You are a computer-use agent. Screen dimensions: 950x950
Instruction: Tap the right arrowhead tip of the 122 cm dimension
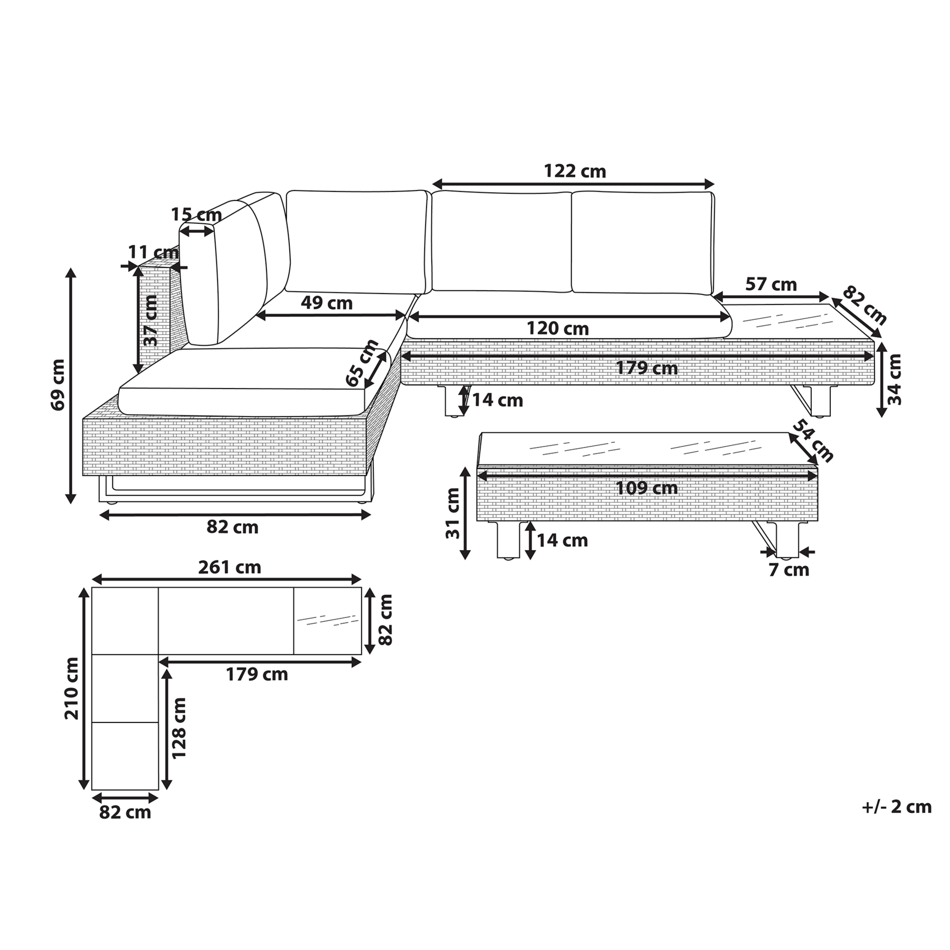[x=714, y=184]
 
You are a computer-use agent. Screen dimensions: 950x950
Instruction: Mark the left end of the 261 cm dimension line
[x=92, y=579]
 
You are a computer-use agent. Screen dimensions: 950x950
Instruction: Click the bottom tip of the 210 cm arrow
[x=83, y=790]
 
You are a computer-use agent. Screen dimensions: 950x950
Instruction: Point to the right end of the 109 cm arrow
[x=818, y=476]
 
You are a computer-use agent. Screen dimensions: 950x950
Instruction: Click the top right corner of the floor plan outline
[x=362, y=587]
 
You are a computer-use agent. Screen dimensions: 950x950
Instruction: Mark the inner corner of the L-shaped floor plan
[x=158, y=654]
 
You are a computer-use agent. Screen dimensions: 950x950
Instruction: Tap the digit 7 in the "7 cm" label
[x=774, y=570]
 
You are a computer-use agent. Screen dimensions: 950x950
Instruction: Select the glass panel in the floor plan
[x=328, y=621]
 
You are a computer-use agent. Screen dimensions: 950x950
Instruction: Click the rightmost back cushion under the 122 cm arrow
[x=643, y=242]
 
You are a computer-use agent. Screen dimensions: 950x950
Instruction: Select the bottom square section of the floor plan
[x=125, y=756]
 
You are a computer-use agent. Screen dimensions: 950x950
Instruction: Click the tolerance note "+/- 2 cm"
[x=897, y=807]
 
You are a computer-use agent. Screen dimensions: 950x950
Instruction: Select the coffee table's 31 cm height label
[x=453, y=513]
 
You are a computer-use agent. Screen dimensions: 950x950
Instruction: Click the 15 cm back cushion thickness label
[x=196, y=215]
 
